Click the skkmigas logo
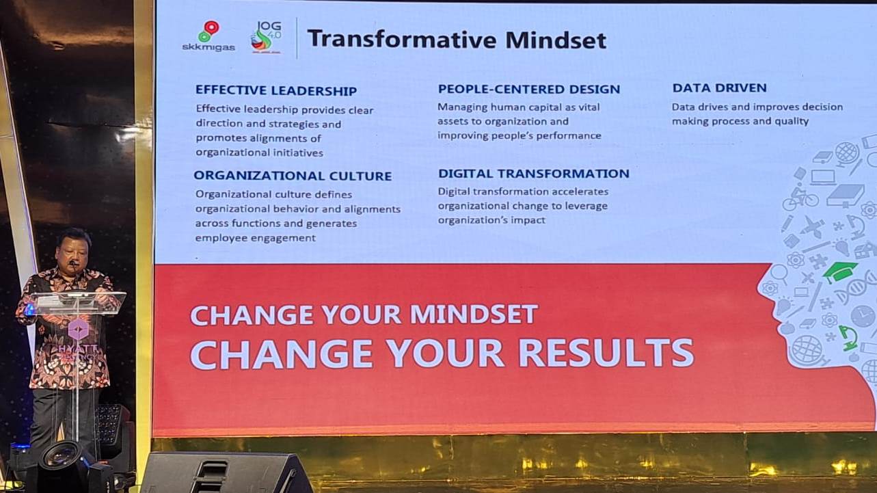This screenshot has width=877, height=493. (208, 36)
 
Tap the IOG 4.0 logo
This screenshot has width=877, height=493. (265, 36)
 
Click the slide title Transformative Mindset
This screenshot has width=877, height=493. (457, 39)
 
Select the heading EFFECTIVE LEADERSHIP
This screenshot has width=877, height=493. (276, 90)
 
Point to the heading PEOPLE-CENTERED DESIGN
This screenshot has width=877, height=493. (529, 89)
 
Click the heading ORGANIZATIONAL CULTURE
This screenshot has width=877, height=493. (293, 176)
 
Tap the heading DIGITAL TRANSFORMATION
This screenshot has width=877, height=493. (534, 174)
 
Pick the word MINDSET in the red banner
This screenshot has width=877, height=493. (474, 315)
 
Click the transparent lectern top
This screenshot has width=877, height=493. (79, 302)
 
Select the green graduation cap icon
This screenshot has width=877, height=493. (840, 271)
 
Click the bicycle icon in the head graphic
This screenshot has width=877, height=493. (800, 198)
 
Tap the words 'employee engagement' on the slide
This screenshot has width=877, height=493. (255, 238)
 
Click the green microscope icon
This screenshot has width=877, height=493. (848, 337)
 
